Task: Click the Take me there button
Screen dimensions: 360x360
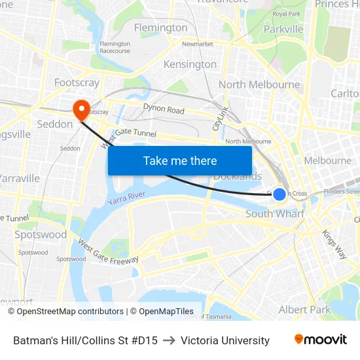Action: (x=180, y=160)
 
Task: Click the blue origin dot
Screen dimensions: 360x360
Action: (x=279, y=194)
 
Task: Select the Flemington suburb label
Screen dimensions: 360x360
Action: (x=160, y=27)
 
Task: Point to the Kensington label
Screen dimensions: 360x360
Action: (x=190, y=64)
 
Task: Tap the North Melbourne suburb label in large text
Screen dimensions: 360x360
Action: (x=259, y=84)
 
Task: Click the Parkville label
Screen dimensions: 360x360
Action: (x=283, y=29)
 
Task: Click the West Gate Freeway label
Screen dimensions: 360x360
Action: (x=108, y=252)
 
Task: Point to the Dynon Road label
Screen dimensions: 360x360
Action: (x=164, y=110)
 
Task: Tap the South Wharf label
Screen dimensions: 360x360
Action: (x=275, y=214)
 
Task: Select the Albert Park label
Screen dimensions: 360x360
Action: (x=304, y=310)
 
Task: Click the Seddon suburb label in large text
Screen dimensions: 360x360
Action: (x=55, y=124)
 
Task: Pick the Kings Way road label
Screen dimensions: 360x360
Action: (x=334, y=244)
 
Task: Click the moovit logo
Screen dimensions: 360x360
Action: (x=320, y=340)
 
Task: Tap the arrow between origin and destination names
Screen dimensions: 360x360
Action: (x=169, y=340)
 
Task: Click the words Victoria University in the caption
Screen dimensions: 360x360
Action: (x=225, y=340)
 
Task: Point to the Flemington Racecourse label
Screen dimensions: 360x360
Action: (x=115, y=47)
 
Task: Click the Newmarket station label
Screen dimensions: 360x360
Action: (x=198, y=44)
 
